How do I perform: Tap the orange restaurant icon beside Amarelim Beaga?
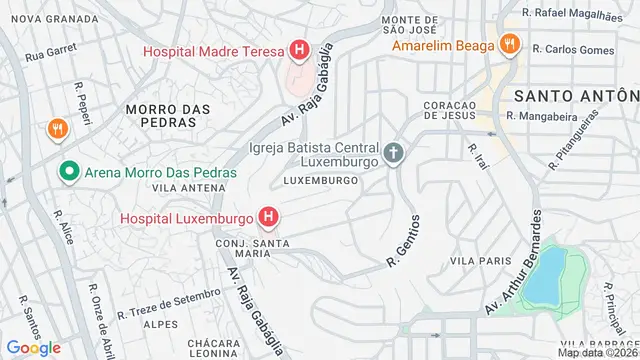(510, 44)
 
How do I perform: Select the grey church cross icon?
(394, 155)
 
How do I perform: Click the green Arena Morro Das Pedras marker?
(69, 172)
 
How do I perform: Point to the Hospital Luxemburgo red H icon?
(267, 216)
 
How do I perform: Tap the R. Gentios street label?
(404, 240)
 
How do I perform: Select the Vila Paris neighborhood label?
(474, 261)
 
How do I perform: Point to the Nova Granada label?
(40, 19)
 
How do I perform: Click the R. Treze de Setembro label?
(169, 304)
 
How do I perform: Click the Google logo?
(34, 347)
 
